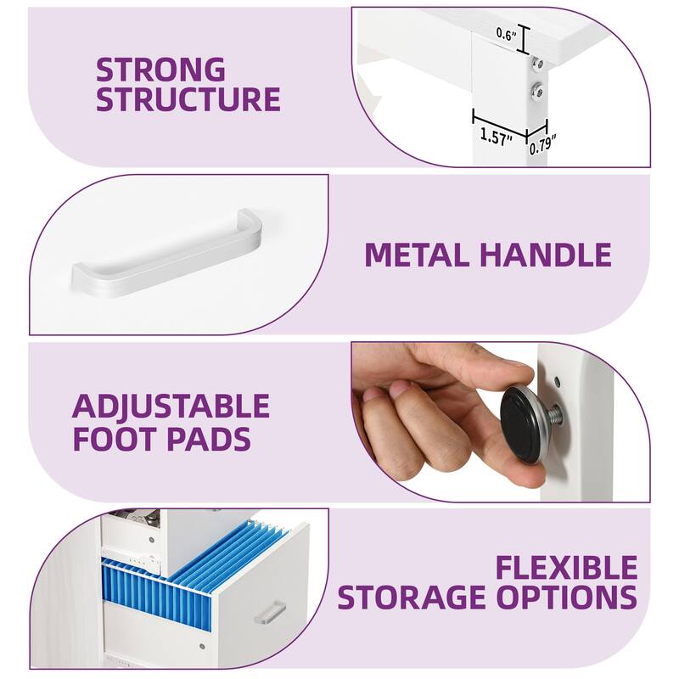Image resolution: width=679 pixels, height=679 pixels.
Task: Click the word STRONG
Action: [x=160, y=70]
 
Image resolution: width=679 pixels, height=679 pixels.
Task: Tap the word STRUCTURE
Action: [x=188, y=99]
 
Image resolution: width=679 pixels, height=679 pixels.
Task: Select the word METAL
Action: [x=418, y=255]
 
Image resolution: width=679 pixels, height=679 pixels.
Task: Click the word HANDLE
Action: [x=546, y=255]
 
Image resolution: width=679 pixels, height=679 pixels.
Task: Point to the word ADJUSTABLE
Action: [x=171, y=406]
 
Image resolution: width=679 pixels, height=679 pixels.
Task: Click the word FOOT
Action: [x=115, y=439]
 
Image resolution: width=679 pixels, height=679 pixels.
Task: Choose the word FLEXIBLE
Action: [x=566, y=568]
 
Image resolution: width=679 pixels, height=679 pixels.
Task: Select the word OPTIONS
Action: [x=566, y=598]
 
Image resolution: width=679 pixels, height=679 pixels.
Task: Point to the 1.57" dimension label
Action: [x=497, y=137]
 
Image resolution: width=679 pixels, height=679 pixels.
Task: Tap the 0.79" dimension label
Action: [x=542, y=144]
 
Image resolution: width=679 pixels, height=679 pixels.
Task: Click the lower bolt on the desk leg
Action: [x=538, y=91]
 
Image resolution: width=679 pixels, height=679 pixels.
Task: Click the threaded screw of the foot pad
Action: [x=554, y=416]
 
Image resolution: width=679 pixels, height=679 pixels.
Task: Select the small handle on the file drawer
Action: [x=270, y=613]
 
